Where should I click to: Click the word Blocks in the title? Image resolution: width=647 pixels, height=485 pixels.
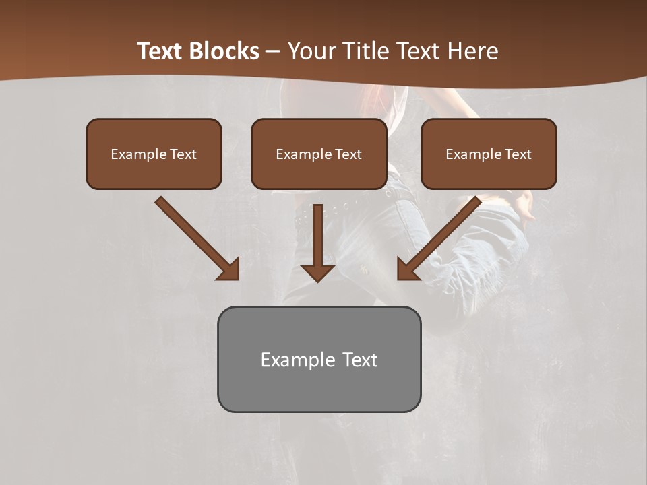point(224,51)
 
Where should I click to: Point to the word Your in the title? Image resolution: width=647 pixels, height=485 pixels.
point(310,51)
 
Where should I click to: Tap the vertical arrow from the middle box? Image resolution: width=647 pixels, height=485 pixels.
point(317,236)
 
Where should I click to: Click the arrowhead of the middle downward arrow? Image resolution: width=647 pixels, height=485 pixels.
point(317,272)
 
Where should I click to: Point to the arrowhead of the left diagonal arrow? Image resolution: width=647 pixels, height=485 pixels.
point(229,269)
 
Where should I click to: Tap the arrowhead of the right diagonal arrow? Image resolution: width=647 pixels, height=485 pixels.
point(408,269)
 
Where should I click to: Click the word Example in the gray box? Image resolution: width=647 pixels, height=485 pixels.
point(293,360)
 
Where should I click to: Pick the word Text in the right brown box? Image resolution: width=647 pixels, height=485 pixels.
point(518,154)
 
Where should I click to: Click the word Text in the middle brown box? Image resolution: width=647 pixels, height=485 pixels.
point(348,154)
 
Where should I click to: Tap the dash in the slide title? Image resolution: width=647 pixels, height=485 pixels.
point(273,52)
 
